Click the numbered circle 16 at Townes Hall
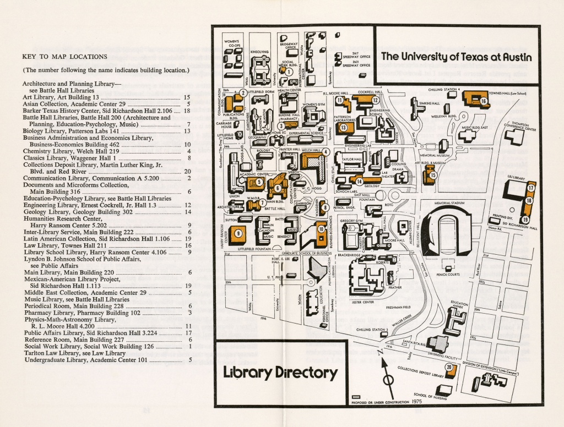pos(483,101)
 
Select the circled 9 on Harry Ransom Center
pos(238,233)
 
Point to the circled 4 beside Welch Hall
pos(326,151)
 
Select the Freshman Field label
pos(398,308)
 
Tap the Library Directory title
pos(280,373)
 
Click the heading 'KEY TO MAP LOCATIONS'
pos(65,56)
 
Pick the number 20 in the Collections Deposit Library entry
pos(187,171)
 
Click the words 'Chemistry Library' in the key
pos(42,151)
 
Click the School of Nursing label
pos(429,395)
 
